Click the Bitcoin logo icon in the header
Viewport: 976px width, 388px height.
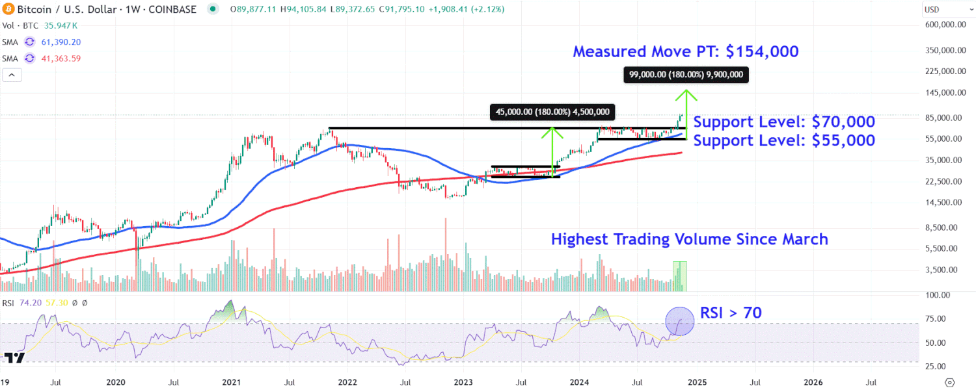coord(8,9)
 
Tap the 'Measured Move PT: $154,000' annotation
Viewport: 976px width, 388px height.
coord(685,52)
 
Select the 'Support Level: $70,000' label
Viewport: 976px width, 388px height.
coord(784,122)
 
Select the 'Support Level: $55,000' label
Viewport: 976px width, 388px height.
coord(784,140)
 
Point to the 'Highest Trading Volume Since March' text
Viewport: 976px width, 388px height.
coord(689,239)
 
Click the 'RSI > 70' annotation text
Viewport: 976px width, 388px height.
coord(731,313)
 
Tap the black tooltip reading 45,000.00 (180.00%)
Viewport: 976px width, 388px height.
coord(552,112)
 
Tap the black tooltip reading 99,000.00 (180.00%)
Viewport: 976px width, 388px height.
coord(686,75)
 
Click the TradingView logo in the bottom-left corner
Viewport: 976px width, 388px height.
coord(14,357)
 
